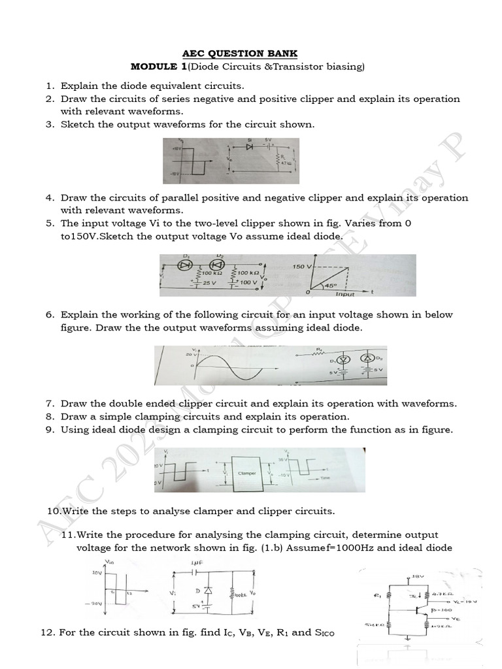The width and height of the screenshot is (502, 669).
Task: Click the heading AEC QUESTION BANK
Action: pos(250,54)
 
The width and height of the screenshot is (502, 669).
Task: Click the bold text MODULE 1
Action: pos(156,67)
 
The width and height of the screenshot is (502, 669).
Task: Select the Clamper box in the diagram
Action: pos(246,470)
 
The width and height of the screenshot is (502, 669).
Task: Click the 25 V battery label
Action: pos(209,283)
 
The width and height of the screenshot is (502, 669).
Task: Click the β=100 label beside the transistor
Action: pos(442,610)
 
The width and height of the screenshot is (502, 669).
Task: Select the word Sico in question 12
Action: pos(307,632)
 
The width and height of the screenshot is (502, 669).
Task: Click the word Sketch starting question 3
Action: pos(77,124)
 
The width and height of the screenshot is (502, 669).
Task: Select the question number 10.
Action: pos(54,510)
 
